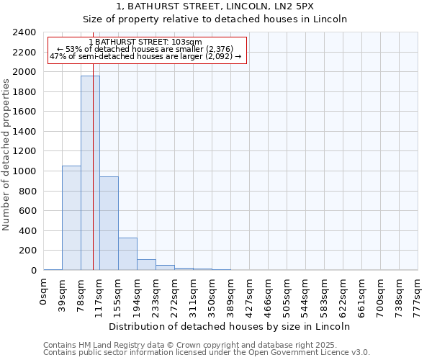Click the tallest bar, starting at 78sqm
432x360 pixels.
(x=90, y=173)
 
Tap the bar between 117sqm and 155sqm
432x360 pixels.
(x=109, y=223)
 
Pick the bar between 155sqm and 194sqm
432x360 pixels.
(x=127, y=254)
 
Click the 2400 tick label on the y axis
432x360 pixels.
(x=24, y=33)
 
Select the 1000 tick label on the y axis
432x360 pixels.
(x=24, y=171)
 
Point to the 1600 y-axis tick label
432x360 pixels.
(x=24, y=112)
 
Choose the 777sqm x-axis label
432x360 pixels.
(x=418, y=294)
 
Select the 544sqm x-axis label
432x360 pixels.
(x=305, y=294)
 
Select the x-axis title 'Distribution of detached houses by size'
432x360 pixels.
(x=234, y=326)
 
